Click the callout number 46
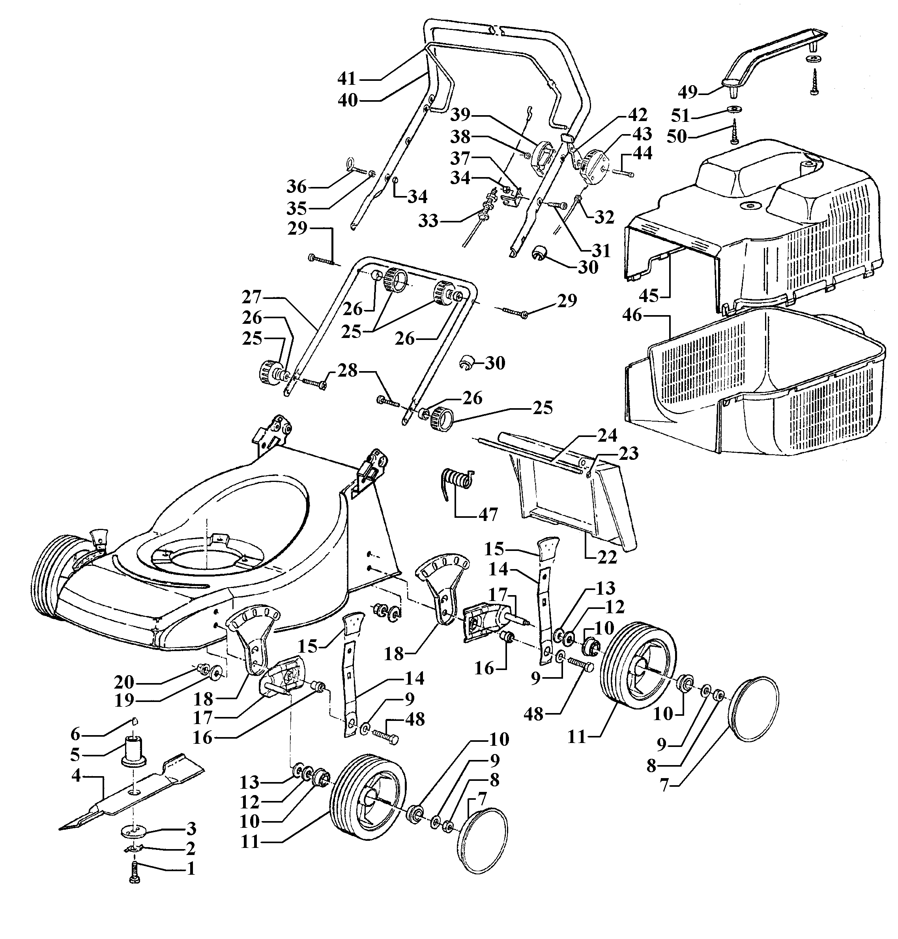pos(632,315)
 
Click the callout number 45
pos(649,295)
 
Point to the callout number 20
pos(124,681)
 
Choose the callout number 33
pos(429,220)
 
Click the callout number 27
pos(251,297)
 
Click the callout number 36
pos(297,186)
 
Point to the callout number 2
pos(190,849)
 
